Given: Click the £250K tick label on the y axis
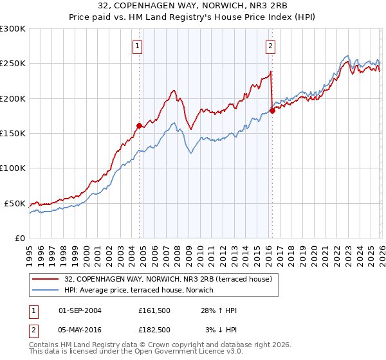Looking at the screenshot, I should tap(13, 64).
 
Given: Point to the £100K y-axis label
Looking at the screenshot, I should tap(13, 168).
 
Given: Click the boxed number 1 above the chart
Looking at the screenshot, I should tap(138, 46).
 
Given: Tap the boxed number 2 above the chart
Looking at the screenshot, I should tap(270, 46).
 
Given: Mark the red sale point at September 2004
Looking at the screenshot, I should tap(139, 125).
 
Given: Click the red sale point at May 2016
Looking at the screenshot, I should tap(272, 111).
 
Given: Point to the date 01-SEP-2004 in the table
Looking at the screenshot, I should tap(80, 310).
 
